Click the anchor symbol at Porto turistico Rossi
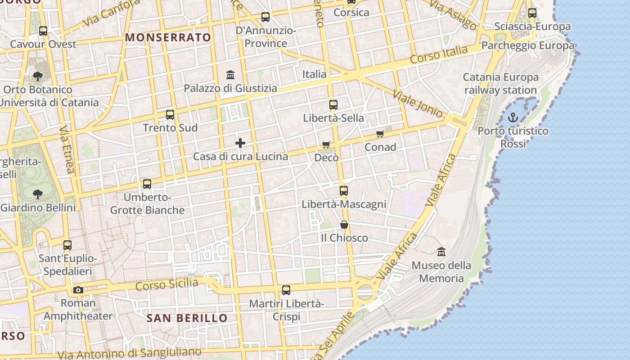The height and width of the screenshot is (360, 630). point(513,118)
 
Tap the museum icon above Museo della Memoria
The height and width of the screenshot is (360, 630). point(441,252)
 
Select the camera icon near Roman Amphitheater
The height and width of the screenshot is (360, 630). point(78,290)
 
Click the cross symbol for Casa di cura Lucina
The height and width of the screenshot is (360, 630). point(240,144)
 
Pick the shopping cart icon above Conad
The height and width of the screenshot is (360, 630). point(380,134)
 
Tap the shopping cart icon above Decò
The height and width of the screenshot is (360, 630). point(326,145)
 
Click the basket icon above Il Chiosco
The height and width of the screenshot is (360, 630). point(344,225)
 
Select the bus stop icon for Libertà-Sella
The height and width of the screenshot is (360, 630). point(333,105)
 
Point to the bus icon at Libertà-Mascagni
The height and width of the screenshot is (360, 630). point(344,191)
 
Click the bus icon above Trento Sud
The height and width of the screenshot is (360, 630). point(170,115)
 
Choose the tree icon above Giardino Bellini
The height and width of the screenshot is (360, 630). point(38,194)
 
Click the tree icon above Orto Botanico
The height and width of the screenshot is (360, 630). point(38,76)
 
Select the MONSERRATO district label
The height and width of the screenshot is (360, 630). point(168,37)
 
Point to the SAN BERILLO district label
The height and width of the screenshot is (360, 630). point(187,318)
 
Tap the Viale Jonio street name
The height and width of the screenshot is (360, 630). point(418,103)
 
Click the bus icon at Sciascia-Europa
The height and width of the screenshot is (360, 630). point(532,13)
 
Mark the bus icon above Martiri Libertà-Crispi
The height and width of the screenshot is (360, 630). point(286,290)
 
